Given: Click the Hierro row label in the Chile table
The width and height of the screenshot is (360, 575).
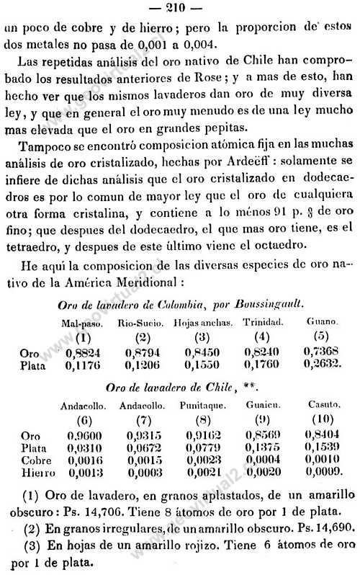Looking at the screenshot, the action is pyautogui.click(x=35, y=473).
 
